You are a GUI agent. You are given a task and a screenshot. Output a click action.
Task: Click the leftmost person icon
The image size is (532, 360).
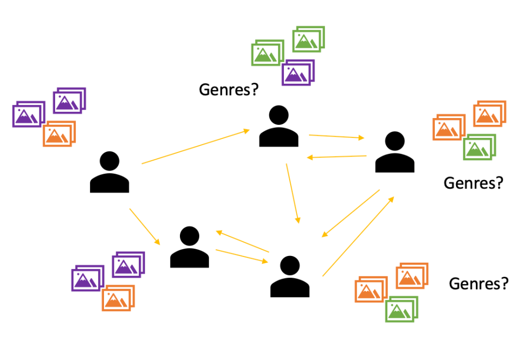coord(109,173)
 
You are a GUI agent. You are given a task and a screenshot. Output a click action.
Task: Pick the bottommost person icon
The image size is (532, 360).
coord(290,277)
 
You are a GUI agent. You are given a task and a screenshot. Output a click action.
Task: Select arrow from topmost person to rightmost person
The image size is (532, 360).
coord(336,137)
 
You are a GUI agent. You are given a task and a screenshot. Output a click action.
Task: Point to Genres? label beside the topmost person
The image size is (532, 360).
coord(229,90)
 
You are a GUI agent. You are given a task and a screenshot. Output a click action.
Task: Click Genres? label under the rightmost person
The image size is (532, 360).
coord(473,183)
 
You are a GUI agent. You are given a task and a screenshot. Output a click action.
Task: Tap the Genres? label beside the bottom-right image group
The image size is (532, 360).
coord(478,284)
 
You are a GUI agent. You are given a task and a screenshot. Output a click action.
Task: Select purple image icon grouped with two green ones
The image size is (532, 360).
coord(297,73)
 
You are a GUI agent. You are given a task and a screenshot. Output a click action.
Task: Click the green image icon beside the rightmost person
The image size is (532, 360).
coord(478,147)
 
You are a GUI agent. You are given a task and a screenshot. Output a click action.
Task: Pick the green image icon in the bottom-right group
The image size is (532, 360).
coord(401,309)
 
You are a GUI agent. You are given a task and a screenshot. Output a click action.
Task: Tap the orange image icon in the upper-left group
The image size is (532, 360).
coord(58,134)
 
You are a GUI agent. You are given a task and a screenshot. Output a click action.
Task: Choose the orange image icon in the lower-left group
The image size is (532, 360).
coord(118,298)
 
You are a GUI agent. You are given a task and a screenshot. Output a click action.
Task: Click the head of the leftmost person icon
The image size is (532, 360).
coord(109,161)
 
